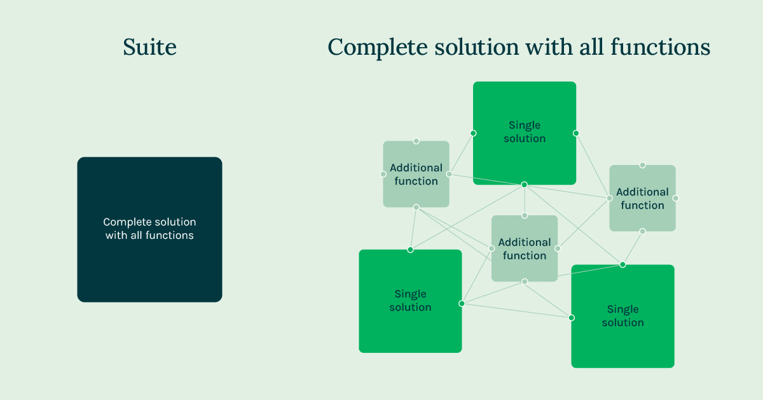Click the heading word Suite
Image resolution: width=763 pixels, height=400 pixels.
(x=149, y=47)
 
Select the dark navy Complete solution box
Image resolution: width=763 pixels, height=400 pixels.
(x=149, y=229)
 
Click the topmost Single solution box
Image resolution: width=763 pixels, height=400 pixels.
(x=525, y=132)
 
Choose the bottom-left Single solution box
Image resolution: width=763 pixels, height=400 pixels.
(x=410, y=301)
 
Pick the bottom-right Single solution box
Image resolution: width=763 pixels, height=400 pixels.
(x=622, y=316)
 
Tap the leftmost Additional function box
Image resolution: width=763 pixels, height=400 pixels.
(x=416, y=174)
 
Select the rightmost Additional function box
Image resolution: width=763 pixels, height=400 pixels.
(x=642, y=198)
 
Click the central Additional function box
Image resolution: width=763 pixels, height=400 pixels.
(x=525, y=248)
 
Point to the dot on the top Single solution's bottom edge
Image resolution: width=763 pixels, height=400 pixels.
(x=525, y=185)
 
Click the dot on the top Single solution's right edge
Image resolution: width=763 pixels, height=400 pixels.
(x=576, y=133)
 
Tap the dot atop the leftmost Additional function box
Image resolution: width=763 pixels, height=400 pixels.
(x=416, y=141)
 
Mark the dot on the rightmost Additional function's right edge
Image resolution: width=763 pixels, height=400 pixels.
(x=675, y=198)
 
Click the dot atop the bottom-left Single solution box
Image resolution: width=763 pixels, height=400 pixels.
(x=410, y=250)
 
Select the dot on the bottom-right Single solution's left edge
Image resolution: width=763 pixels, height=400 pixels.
(x=571, y=317)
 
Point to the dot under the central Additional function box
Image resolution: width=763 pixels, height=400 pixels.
(x=525, y=282)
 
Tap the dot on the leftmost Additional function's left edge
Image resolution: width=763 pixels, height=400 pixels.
(x=383, y=174)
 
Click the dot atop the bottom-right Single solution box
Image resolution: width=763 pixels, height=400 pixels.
(x=622, y=264)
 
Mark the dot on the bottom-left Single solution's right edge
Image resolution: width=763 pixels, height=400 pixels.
(x=462, y=303)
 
